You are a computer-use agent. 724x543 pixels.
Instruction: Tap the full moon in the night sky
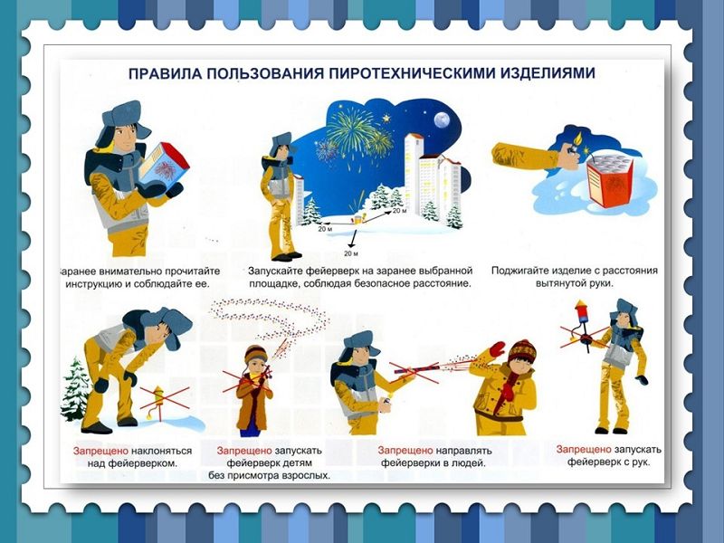[x=442, y=120]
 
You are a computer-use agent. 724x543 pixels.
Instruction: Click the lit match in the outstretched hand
[x=577, y=140]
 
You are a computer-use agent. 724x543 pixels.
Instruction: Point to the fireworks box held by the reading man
[x=164, y=165]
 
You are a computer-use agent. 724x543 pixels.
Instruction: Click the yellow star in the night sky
[x=386, y=119]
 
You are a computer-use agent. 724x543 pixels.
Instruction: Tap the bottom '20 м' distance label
[x=350, y=253]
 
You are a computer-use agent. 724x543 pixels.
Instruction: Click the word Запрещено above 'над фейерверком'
[x=100, y=451]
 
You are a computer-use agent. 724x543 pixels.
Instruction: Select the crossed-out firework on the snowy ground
[x=159, y=402]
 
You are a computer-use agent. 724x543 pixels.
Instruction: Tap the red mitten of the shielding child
[x=497, y=348]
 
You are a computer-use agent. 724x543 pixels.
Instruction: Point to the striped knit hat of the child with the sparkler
[x=255, y=354]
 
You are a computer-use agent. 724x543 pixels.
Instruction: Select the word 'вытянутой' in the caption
[x=560, y=283]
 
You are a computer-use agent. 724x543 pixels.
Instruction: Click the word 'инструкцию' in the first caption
[x=98, y=284]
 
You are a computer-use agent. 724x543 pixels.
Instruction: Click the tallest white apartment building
[x=414, y=177]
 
